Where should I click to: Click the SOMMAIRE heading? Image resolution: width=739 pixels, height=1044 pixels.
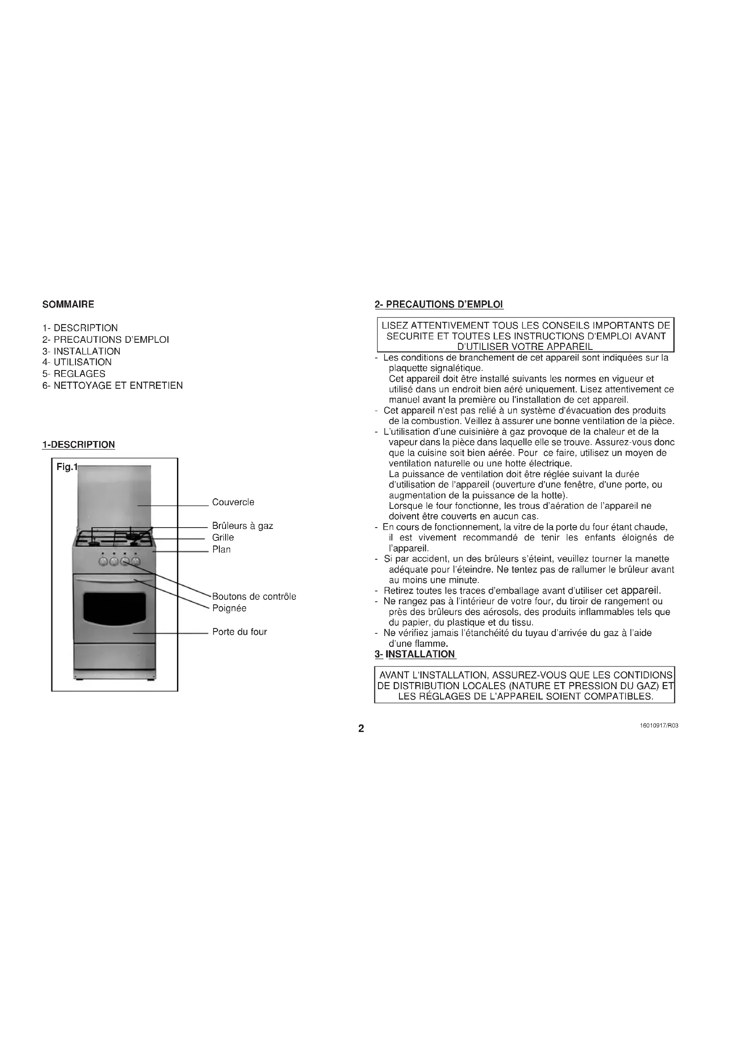point(68,305)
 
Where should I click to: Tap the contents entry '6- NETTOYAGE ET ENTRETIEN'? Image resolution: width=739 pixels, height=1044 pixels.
point(113,386)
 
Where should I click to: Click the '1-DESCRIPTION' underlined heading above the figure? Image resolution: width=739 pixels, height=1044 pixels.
point(78,445)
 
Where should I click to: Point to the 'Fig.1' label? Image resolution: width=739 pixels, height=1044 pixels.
point(67,467)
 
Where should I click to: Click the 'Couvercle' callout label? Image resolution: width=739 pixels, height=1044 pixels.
point(233,503)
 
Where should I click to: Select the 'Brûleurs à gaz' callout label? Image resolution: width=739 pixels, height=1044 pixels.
point(243,526)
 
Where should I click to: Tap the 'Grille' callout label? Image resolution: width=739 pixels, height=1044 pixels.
point(223,537)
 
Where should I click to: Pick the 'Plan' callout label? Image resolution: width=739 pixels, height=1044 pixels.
point(222,550)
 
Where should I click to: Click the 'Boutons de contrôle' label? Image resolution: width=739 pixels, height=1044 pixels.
point(254,597)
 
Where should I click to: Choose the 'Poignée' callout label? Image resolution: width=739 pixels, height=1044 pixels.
point(229,608)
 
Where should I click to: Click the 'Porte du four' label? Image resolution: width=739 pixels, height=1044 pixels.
point(239,632)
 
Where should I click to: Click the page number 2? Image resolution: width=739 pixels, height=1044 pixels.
point(361,729)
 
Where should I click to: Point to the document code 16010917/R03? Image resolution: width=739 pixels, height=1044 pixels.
point(659,726)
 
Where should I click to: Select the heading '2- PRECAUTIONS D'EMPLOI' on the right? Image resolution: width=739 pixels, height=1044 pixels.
point(439,305)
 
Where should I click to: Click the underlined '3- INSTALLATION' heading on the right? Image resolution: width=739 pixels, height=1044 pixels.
point(415,654)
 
